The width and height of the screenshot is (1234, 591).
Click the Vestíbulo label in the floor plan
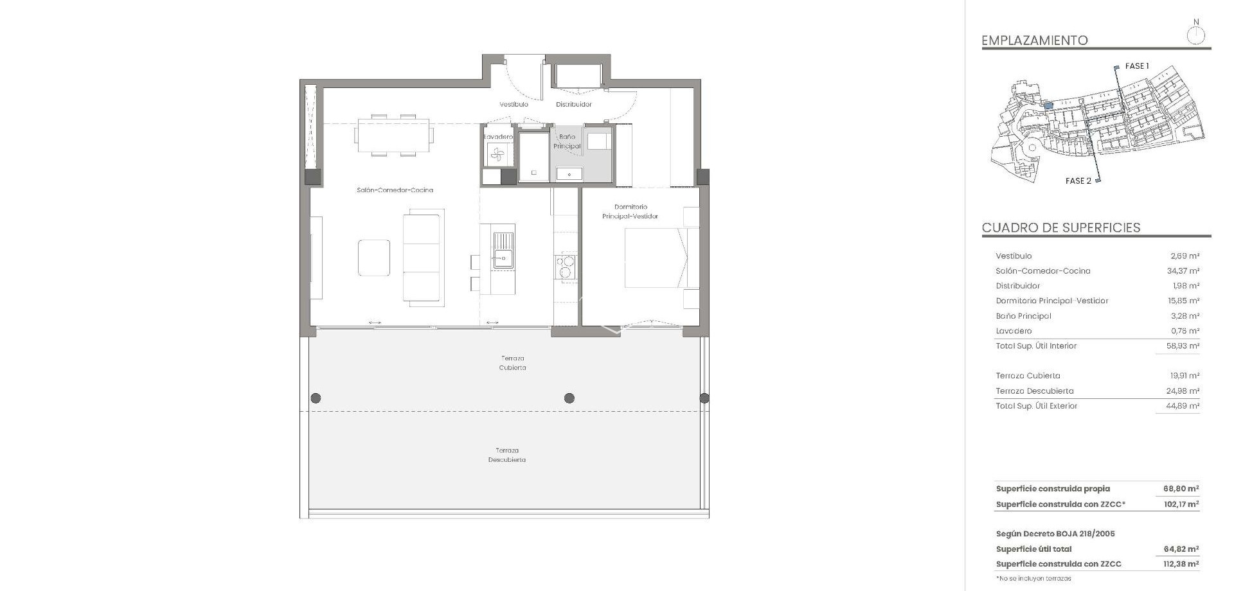[514, 104]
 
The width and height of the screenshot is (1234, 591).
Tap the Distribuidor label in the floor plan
[573, 104]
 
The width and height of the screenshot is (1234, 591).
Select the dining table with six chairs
[393, 135]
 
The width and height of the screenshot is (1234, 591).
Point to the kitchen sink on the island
[503, 251]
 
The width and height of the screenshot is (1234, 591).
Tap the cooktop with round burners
[566, 267]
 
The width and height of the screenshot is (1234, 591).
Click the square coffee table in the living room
[373, 258]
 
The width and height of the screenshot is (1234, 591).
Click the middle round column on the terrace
[569, 398]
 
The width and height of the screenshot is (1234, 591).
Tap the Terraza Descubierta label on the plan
[506, 455]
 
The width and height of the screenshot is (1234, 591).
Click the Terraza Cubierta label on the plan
[512, 363]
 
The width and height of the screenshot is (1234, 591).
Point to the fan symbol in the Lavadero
[497, 154]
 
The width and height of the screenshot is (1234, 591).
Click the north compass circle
[1195, 36]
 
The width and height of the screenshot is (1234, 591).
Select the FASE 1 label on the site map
[1136, 66]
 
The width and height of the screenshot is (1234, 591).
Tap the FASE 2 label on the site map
[1078, 181]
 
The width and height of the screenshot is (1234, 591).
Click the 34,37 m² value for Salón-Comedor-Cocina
[1183, 271]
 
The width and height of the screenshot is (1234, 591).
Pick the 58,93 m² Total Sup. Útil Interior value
[1183, 346]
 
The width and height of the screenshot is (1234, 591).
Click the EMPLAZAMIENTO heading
[1034, 40]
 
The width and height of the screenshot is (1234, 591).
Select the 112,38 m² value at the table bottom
[1181, 564]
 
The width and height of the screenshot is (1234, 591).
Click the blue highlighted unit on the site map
[1048, 105]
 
